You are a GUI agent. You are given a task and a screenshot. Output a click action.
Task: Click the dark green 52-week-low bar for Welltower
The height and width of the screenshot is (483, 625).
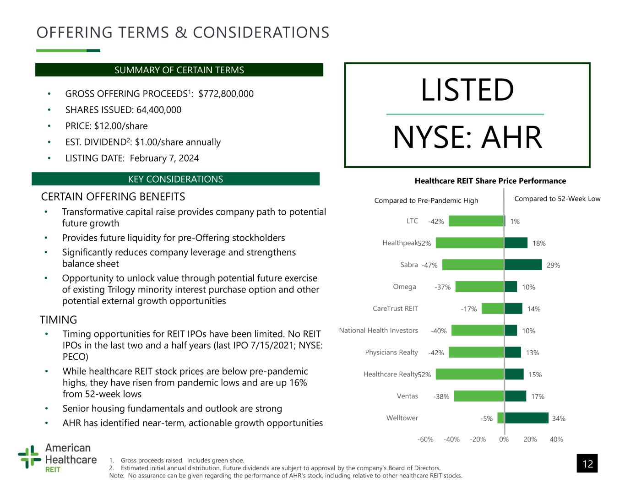point(527,418)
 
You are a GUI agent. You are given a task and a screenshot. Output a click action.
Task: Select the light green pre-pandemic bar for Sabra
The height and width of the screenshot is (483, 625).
point(473,265)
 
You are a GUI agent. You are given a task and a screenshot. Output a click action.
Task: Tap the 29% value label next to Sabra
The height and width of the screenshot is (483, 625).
point(553,265)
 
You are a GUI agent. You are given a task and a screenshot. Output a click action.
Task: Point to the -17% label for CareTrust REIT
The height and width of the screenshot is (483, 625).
point(468,309)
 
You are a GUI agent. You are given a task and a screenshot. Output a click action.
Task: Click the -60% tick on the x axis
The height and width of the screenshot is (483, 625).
point(425,440)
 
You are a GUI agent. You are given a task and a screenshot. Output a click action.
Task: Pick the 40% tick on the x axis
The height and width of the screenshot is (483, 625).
point(556,440)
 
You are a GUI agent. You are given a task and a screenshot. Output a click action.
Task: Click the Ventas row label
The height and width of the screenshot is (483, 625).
point(407,396)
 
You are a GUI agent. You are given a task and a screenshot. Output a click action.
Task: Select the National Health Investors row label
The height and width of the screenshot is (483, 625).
point(378,331)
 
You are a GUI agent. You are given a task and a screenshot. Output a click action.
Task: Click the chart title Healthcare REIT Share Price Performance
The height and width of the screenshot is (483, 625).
point(490,181)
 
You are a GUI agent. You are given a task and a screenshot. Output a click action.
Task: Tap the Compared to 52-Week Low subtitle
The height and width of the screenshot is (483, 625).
point(557,199)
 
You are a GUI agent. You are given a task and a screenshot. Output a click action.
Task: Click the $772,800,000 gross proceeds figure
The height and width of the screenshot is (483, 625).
point(226,94)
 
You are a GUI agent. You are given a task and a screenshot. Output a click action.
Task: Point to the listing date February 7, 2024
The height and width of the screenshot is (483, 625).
point(164,158)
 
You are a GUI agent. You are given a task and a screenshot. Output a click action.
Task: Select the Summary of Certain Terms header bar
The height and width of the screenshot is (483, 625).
point(179,70)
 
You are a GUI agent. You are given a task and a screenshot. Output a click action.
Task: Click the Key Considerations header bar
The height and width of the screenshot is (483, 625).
point(175,179)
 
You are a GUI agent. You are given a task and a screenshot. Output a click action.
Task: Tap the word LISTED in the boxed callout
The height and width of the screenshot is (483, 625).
point(467,90)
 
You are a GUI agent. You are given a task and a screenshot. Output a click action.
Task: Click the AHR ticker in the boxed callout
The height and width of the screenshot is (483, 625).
point(512,137)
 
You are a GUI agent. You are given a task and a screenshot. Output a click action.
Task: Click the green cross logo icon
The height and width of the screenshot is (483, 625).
point(29,456)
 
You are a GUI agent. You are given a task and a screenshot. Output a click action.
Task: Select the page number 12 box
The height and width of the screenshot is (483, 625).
point(587,463)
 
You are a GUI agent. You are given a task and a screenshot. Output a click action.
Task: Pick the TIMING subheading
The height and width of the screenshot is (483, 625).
point(59,320)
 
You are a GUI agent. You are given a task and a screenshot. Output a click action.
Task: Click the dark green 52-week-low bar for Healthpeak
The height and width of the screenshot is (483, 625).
point(516,243)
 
